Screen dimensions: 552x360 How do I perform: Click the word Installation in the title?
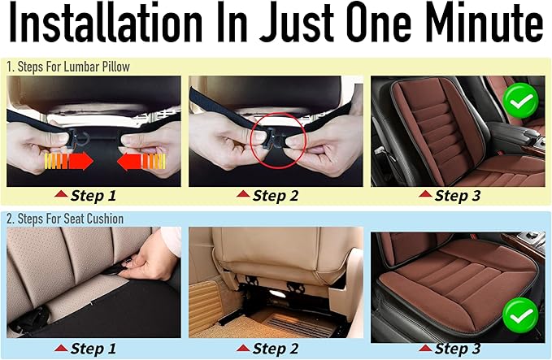click(x=105, y=24)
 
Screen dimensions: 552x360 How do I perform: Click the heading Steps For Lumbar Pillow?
click(x=74, y=67)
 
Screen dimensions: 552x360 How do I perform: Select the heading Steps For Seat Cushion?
click(x=71, y=219)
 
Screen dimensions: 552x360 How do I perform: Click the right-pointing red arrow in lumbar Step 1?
click(x=68, y=162)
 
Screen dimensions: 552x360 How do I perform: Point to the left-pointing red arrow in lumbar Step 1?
click(x=141, y=162)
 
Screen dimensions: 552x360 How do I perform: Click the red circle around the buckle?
click(x=278, y=141)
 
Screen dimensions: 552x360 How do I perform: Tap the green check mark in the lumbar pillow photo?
click(x=520, y=101)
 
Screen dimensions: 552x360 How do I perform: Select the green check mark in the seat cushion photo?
click(x=520, y=315)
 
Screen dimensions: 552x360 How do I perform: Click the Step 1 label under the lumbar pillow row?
click(x=93, y=196)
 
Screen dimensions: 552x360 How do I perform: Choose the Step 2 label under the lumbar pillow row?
click(x=276, y=196)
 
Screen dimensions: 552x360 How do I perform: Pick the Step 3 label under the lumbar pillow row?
click(x=458, y=196)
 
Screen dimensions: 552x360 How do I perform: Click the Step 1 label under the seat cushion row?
click(x=93, y=349)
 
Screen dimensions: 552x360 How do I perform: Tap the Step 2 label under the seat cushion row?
click(x=276, y=349)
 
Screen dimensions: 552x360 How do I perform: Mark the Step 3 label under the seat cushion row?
click(x=458, y=349)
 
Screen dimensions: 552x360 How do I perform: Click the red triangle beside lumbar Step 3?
click(x=425, y=194)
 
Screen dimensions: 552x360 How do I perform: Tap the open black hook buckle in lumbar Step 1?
click(x=78, y=138)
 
